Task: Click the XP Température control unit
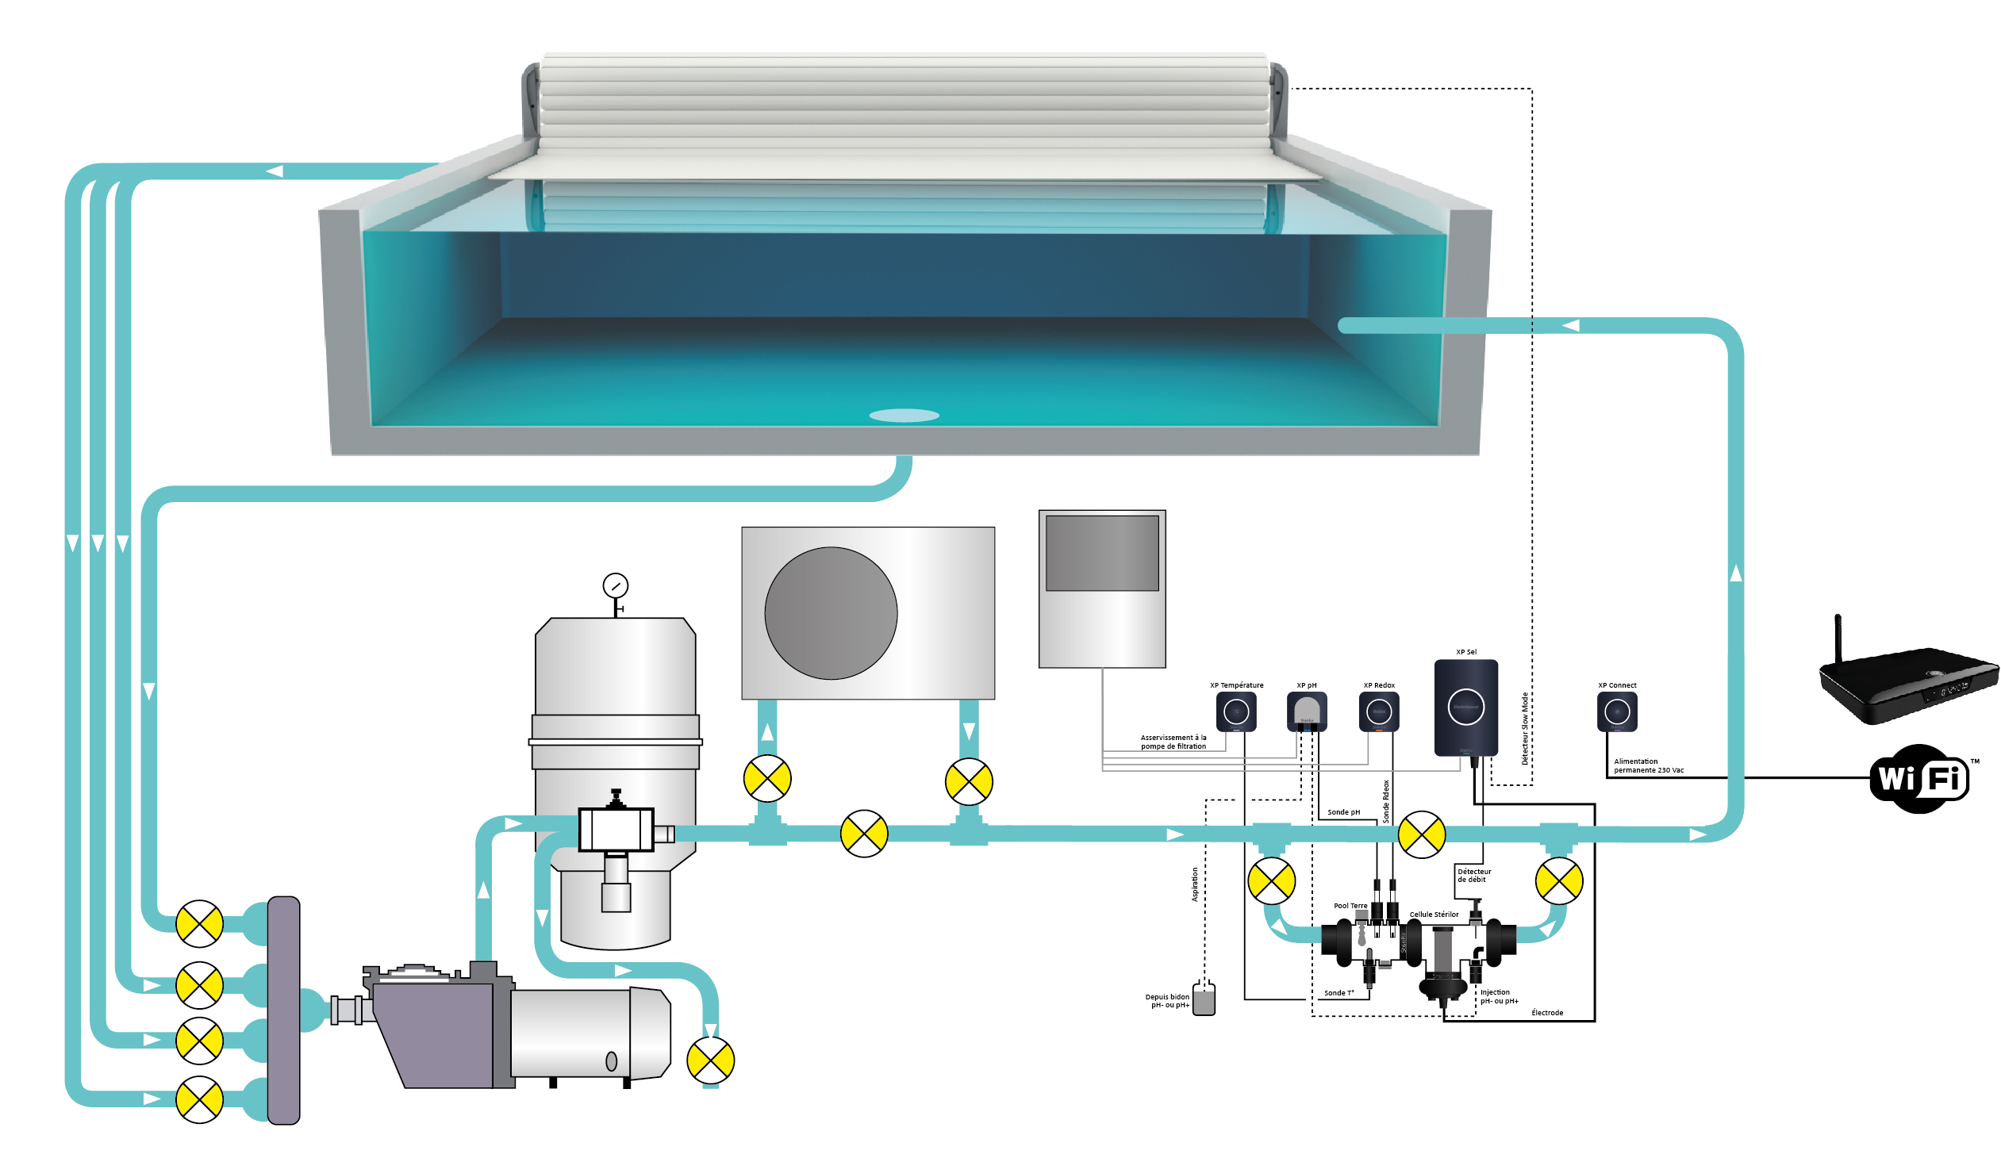coord(1235,711)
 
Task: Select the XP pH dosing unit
coord(1306,711)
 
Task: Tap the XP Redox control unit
coord(1378,711)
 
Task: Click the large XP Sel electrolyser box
coord(1465,707)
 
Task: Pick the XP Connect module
coord(1617,711)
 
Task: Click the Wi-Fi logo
coord(1920,779)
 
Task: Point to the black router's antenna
coord(1838,640)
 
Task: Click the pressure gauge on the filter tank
coord(616,586)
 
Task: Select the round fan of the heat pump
coord(831,613)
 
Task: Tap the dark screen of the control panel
coord(1102,553)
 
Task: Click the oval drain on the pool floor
coord(904,415)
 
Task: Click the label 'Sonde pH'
coord(1343,812)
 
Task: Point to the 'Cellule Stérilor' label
coord(1434,915)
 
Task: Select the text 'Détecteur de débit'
coord(1473,876)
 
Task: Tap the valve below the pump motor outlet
coord(711,1060)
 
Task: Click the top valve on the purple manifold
coord(199,924)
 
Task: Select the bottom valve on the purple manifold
coord(199,1100)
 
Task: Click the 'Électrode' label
coord(1547,1013)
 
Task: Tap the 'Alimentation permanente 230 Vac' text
coord(1649,766)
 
